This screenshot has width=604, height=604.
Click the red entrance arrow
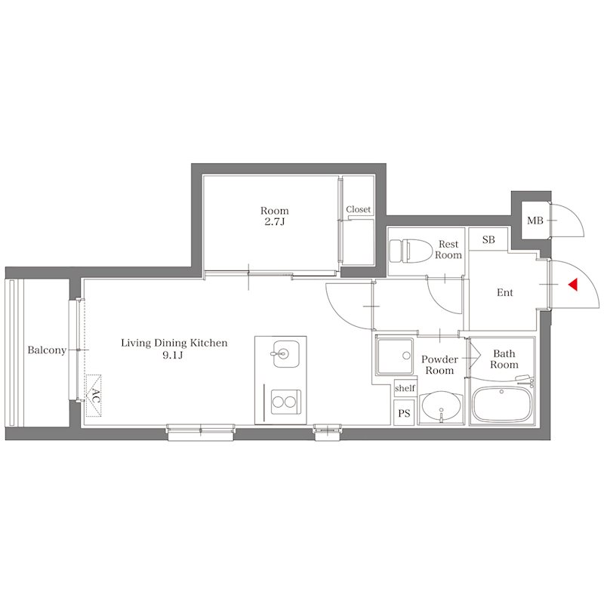(x=573, y=285)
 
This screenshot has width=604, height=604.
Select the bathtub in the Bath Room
(x=502, y=404)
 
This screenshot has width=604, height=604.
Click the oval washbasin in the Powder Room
(x=441, y=408)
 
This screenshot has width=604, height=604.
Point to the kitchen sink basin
(x=286, y=353)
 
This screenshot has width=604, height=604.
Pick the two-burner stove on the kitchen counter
(x=286, y=402)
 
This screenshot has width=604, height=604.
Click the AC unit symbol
(x=94, y=395)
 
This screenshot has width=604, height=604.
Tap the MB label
(x=535, y=220)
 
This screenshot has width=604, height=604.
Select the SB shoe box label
(x=488, y=239)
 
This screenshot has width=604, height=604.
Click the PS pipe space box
(x=404, y=413)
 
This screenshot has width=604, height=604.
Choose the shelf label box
(x=405, y=388)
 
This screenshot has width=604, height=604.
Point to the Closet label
(x=358, y=209)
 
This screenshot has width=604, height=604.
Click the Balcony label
(x=47, y=350)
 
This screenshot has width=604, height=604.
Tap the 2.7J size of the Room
(x=274, y=222)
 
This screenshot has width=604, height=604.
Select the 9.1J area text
(x=172, y=355)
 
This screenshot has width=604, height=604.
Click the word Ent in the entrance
(x=504, y=293)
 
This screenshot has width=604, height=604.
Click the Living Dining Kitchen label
(x=174, y=343)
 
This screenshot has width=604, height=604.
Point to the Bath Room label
(x=504, y=359)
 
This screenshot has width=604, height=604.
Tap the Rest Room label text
(x=448, y=250)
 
